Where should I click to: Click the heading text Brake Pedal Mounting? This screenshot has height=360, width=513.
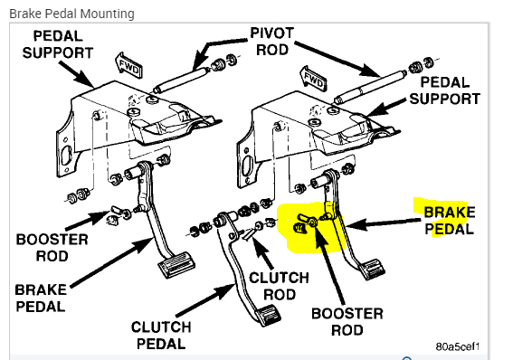[72, 14]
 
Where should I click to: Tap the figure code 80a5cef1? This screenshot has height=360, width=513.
[458, 346]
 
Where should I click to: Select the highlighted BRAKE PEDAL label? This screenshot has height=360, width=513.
[449, 221]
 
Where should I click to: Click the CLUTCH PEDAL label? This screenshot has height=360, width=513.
[161, 336]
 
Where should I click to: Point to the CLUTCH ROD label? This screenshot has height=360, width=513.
[279, 286]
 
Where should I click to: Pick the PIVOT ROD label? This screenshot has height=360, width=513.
[271, 42]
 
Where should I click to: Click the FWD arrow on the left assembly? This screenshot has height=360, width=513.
[128, 65]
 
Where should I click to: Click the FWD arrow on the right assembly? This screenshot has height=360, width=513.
[313, 79]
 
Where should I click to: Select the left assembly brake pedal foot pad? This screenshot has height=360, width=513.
[176, 263]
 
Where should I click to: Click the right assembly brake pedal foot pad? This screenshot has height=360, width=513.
[372, 269]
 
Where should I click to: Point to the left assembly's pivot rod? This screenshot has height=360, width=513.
[181, 81]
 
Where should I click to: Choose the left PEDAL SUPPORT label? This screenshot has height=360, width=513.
[58, 44]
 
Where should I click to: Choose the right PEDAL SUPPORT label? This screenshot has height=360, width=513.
[445, 90]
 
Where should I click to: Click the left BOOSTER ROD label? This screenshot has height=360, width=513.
[52, 248]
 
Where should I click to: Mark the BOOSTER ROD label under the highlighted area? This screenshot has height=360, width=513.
[347, 322]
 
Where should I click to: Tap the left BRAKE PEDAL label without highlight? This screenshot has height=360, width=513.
[41, 298]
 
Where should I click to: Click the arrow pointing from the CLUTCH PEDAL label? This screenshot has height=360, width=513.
[205, 300]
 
